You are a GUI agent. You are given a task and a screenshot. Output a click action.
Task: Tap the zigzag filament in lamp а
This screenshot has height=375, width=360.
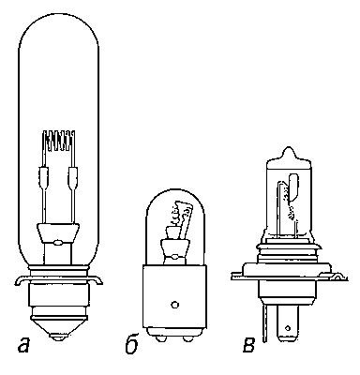(x=59, y=140)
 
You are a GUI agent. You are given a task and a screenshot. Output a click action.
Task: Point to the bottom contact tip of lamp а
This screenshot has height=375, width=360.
(x=58, y=337)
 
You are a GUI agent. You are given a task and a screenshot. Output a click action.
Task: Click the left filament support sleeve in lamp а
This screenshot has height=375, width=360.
(x=44, y=177)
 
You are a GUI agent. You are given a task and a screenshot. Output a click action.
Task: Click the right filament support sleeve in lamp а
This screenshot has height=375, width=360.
(x=73, y=177)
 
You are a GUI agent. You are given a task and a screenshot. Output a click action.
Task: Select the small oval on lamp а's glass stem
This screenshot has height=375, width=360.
(x=58, y=242)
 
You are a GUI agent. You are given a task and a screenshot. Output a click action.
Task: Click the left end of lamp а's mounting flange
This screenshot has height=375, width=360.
(x=18, y=280)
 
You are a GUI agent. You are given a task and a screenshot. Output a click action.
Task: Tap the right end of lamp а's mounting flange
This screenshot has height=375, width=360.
(x=98, y=280)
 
